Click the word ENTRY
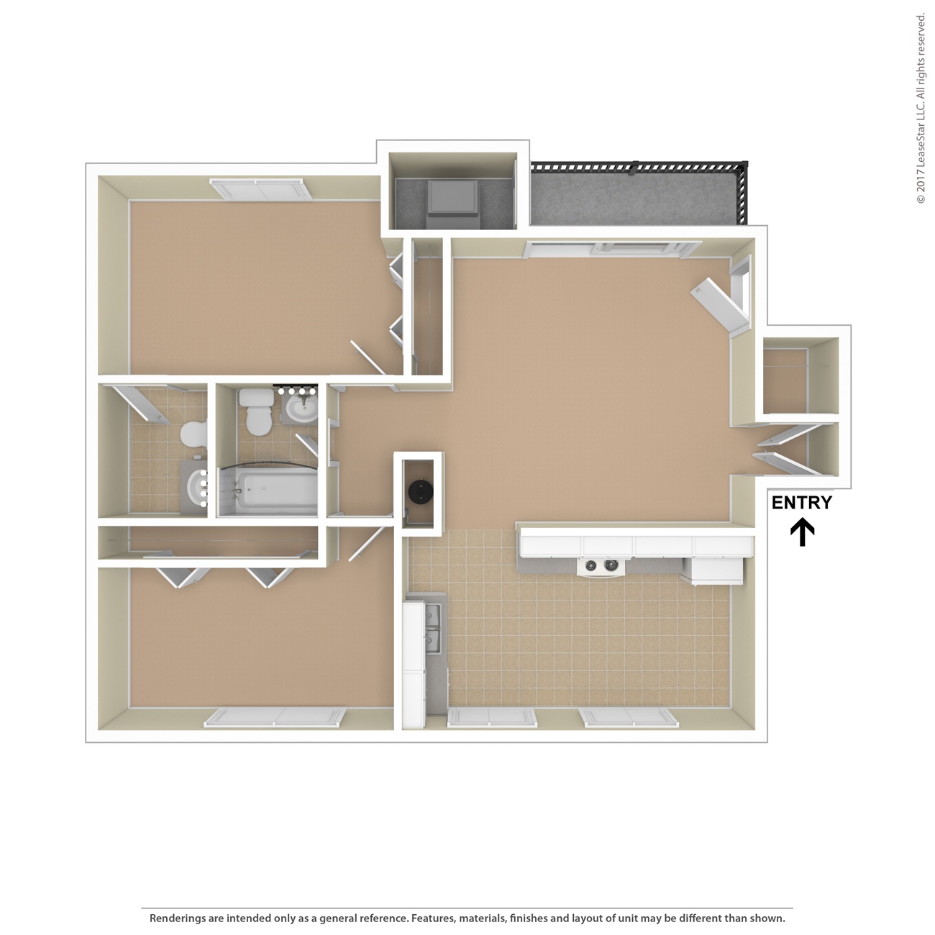click(801, 503)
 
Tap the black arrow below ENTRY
click(802, 533)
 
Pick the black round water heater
click(419, 491)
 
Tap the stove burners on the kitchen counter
click(601, 565)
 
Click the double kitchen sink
click(434, 626)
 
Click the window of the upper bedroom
click(258, 190)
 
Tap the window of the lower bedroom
click(275, 717)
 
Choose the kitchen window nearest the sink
click(491, 717)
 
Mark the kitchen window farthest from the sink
click(628, 717)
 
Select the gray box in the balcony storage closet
click(453, 199)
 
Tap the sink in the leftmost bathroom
click(196, 488)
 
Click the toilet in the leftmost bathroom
click(193, 434)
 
